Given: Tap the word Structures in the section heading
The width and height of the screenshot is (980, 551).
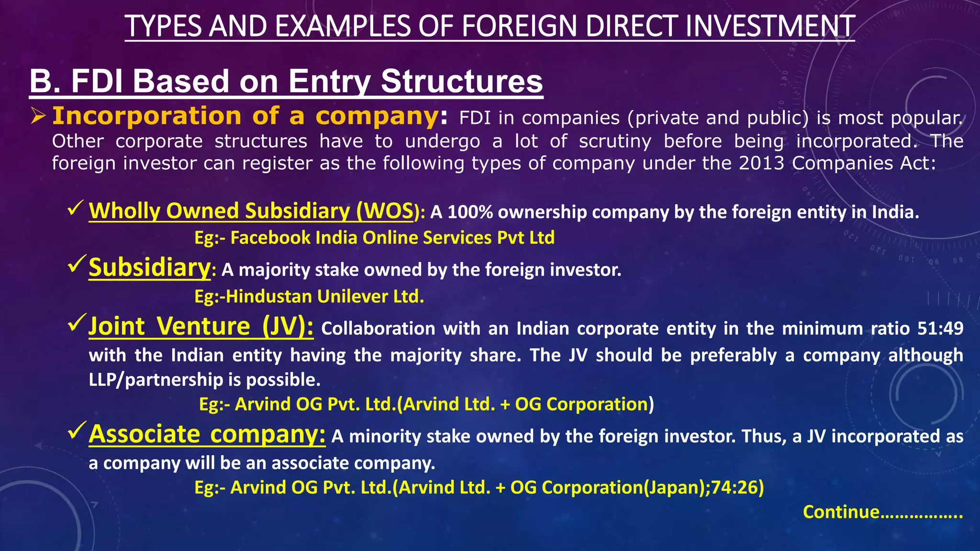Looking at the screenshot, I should pos(462,81).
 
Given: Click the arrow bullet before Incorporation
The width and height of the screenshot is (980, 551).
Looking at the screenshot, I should pos(38,116).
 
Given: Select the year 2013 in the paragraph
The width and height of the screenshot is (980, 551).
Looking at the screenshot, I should pos(761,164).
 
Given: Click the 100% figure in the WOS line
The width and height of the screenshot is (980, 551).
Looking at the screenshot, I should pos(470,212).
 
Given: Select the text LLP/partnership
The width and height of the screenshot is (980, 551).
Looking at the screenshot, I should pos(156,380).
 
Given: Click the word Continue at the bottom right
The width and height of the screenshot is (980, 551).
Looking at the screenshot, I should pos(841,512).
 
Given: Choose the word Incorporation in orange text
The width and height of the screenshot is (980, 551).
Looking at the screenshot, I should pos(146,116).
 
